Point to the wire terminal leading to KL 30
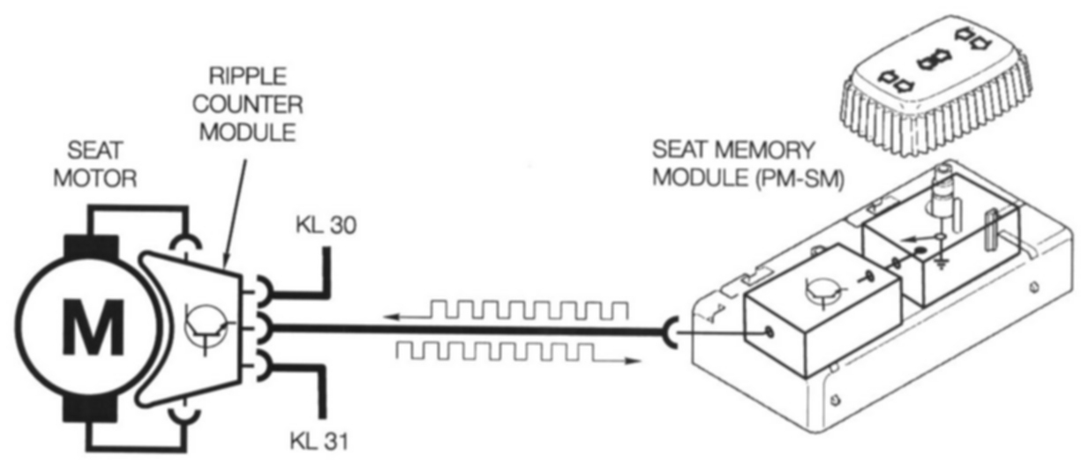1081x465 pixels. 263,289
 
